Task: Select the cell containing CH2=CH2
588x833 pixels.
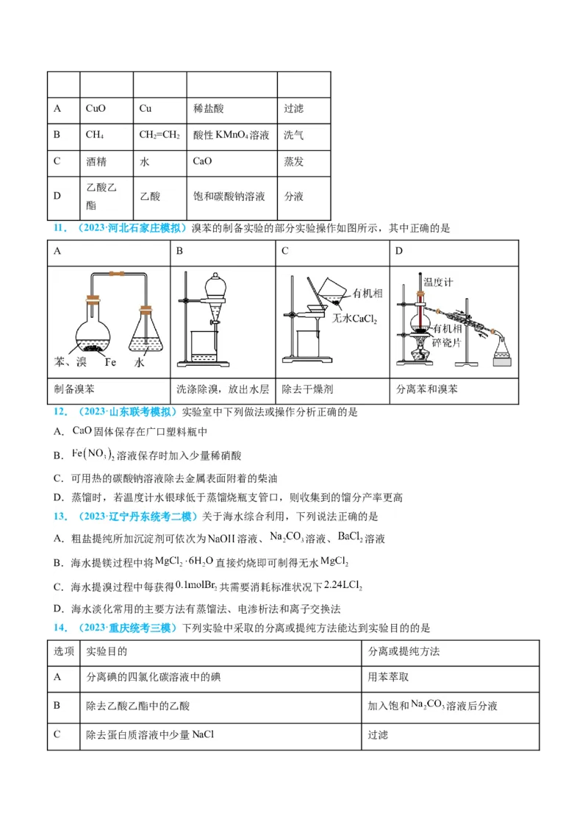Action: [x=159, y=135]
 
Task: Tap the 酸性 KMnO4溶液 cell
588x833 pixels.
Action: [x=231, y=135]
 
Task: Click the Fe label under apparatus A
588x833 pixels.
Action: [x=110, y=362]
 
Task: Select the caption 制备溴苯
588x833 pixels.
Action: [x=75, y=389]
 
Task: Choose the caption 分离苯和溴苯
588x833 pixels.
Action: [x=426, y=389]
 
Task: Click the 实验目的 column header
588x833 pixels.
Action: [x=107, y=651]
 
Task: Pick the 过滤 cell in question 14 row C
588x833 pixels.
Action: [x=378, y=734]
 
